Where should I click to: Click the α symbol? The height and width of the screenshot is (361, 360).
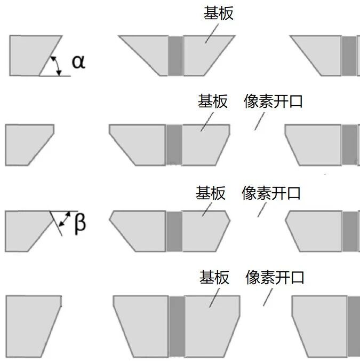pyautogui.click(x=78, y=62)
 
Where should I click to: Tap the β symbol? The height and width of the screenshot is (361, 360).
pyautogui.click(x=79, y=223)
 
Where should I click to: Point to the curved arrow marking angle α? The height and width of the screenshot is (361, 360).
pyautogui.click(x=57, y=65)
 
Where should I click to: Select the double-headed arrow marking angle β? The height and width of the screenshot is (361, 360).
pyautogui.click(x=66, y=219)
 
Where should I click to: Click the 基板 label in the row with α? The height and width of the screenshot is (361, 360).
pyautogui.click(x=219, y=13)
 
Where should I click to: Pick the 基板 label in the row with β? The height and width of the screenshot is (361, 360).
pyautogui.click(x=211, y=193)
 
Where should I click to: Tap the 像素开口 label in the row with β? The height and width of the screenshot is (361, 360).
pyautogui.click(x=271, y=193)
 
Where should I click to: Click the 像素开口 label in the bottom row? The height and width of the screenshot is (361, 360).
pyautogui.click(x=275, y=277)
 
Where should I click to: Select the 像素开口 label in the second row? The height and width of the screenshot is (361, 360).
pyautogui.click(x=273, y=101)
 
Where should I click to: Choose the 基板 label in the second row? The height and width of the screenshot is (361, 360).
pyautogui.click(x=213, y=101)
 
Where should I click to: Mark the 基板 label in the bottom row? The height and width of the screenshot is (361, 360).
pyautogui.click(x=214, y=277)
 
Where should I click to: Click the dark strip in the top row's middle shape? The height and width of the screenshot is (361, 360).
pyautogui.click(x=175, y=56)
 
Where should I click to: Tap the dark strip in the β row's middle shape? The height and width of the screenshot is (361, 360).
pyautogui.click(x=174, y=231)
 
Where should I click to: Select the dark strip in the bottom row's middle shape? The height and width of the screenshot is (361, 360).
pyautogui.click(x=177, y=327)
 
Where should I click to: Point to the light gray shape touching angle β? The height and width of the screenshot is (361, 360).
pyautogui.click(x=24, y=230)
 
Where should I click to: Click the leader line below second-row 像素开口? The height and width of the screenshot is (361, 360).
pyautogui.click(x=259, y=122)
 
